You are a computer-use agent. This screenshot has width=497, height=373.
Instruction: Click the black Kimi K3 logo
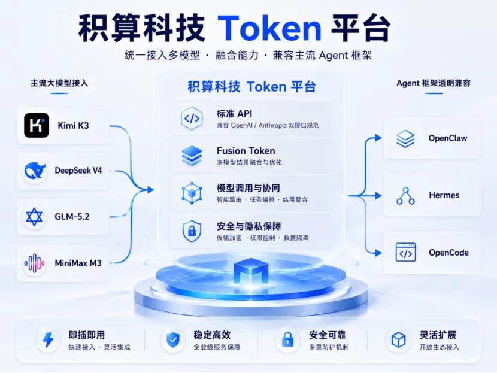(37, 125)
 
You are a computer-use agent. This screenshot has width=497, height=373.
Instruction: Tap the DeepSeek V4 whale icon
(35, 171)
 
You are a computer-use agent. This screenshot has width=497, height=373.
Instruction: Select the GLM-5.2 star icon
(34, 217)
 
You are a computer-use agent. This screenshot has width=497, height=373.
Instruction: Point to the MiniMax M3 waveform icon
(34, 263)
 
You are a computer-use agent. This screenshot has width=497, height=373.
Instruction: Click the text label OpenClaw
(447, 138)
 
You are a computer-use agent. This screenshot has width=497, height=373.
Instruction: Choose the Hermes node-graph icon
(405, 196)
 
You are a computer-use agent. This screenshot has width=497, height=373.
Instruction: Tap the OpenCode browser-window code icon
(406, 252)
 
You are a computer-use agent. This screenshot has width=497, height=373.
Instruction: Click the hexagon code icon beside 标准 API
(192, 119)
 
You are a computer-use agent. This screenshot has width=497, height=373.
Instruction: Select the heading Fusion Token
(246, 151)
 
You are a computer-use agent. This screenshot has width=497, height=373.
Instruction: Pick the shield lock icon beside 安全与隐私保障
(192, 231)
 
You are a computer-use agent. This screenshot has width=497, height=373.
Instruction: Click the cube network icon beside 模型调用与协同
(192, 193)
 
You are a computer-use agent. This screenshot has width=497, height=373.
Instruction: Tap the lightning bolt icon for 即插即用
(48, 340)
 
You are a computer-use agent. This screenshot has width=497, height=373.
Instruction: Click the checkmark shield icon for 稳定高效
(173, 340)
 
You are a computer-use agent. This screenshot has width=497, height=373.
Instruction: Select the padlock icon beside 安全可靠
(287, 339)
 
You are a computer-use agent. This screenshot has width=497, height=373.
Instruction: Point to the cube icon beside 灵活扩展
(398, 340)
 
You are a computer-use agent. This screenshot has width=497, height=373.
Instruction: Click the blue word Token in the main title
(269, 28)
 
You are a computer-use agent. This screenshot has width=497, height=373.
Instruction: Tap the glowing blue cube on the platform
(251, 272)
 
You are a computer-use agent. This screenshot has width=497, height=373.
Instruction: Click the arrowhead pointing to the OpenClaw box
(378, 138)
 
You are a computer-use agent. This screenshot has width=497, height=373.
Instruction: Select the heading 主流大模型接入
(59, 83)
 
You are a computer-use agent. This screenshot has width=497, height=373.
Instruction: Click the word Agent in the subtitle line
(334, 56)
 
